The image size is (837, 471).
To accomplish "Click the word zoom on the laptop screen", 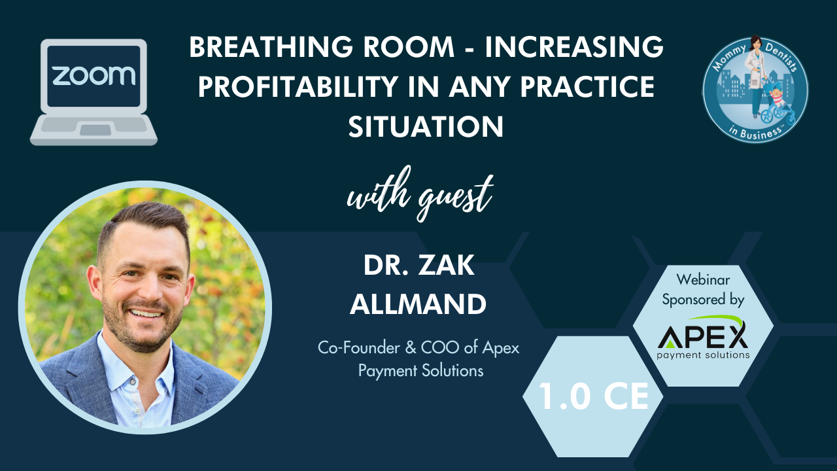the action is (x=94, y=75).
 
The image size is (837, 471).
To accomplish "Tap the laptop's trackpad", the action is (x=95, y=130).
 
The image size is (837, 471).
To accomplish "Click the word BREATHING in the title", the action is (x=271, y=47).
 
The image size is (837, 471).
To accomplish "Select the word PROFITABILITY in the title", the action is (x=298, y=87).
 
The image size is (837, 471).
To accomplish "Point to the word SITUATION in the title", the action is (x=426, y=126).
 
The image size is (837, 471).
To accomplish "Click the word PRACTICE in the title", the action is (x=587, y=87).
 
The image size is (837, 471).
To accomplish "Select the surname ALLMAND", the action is (x=418, y=304).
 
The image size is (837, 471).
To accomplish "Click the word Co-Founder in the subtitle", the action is (x=359, y=348).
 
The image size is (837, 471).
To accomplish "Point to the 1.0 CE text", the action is (x=593, y=396).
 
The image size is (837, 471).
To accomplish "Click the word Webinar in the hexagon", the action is (x=703, y=279).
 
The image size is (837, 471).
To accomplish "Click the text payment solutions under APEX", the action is (x=703, y=355).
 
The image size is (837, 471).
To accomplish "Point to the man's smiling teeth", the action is (x=146, y=313).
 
